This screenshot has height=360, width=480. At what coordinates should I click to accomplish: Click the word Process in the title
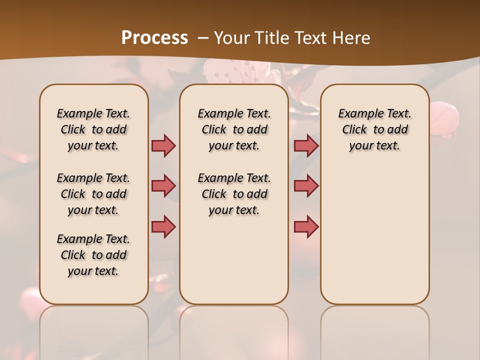tap(154, 37)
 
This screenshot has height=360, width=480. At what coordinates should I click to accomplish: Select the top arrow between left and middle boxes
tap(163, 145)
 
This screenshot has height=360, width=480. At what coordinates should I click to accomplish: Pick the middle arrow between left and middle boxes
tap(163, 186)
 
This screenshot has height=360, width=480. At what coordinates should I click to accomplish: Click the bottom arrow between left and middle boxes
tap(163, 226)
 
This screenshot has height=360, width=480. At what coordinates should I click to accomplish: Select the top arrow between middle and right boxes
tap(306, 145)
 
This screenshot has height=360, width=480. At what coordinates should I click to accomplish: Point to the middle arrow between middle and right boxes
tap(306, 186)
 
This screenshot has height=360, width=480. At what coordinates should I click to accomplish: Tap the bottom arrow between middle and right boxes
tap(306, 226)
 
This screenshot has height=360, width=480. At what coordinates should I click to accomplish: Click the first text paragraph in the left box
tap(93, 129)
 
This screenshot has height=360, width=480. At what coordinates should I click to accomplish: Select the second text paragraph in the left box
tap(93, 194)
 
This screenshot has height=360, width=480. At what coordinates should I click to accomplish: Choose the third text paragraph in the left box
tap(93, 255)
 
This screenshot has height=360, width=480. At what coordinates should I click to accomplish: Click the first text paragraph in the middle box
tap(234, 129)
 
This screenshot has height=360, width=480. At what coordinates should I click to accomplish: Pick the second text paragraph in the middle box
tap(234, 194)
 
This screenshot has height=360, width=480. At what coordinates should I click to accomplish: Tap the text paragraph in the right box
tap(375, 129)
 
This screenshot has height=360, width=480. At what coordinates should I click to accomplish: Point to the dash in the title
tap(202, 37)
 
